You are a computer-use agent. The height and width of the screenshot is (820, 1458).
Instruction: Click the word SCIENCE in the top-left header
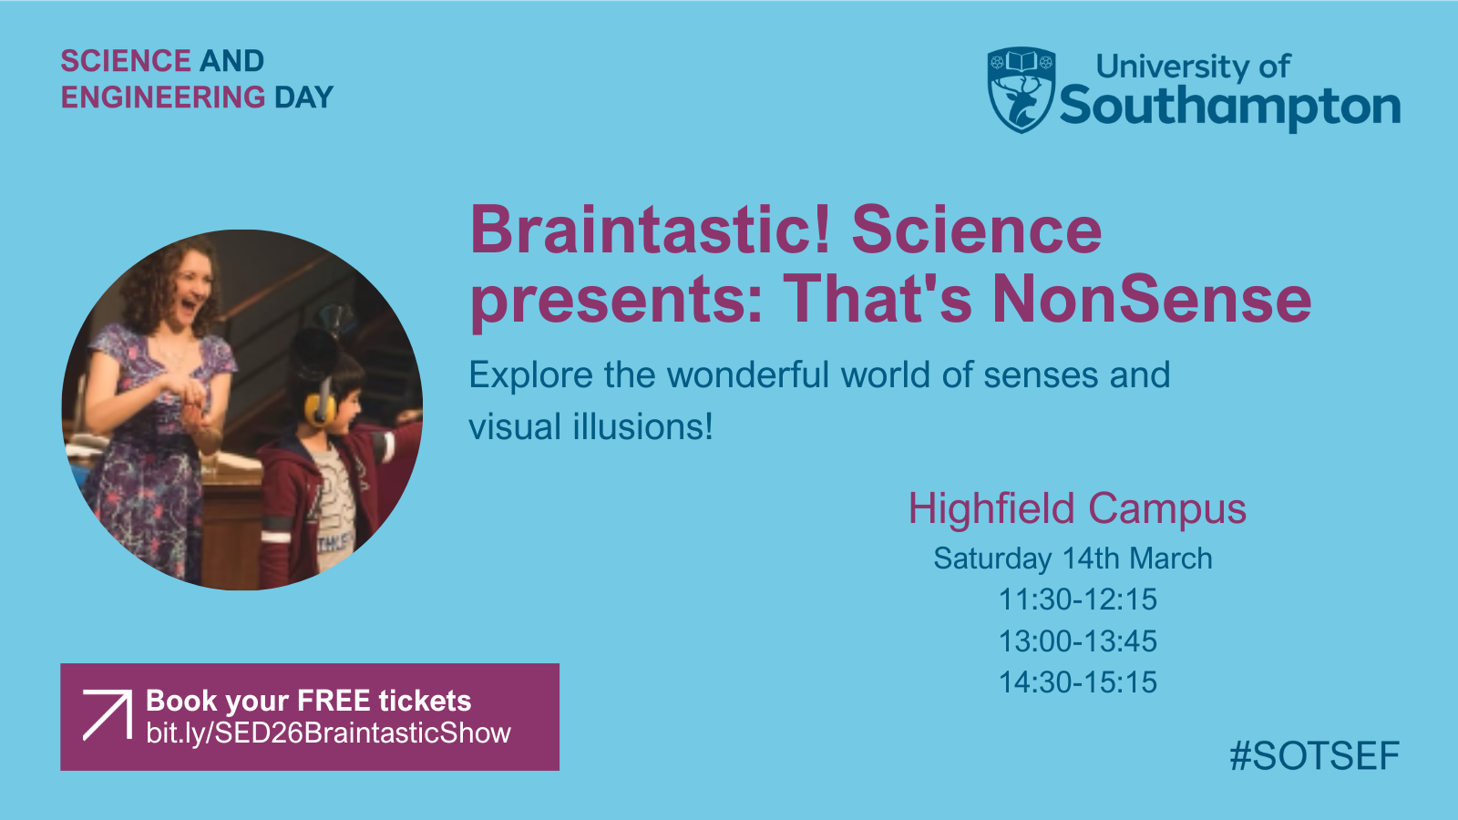point(126,61)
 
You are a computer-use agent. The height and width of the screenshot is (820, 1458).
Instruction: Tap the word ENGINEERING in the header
point(163,97)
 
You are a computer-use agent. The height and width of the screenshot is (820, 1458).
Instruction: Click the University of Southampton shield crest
point(1022,90)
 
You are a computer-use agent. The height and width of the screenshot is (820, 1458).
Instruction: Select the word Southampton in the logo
point(1230,106)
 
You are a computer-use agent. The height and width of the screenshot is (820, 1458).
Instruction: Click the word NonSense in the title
point(1152,299)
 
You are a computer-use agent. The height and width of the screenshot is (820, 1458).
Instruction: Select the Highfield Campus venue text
point(1077,508)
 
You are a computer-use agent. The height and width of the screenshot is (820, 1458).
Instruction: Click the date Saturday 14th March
point(1073,559)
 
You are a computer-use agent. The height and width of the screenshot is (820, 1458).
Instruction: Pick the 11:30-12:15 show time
point(1078,600)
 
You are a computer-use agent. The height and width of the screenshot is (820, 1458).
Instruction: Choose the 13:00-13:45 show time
point(1078,641)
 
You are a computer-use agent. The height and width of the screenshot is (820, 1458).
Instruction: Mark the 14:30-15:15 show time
point(1078,682)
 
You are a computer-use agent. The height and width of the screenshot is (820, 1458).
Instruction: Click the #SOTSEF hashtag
point(1314,755)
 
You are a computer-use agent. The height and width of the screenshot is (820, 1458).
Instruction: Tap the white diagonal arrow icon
point(108,715)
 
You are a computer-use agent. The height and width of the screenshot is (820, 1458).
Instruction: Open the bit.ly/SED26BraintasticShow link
point(329,733)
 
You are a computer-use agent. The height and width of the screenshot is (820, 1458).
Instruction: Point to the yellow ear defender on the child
point(321,406)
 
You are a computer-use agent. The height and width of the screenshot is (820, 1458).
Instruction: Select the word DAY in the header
point(304,97)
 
